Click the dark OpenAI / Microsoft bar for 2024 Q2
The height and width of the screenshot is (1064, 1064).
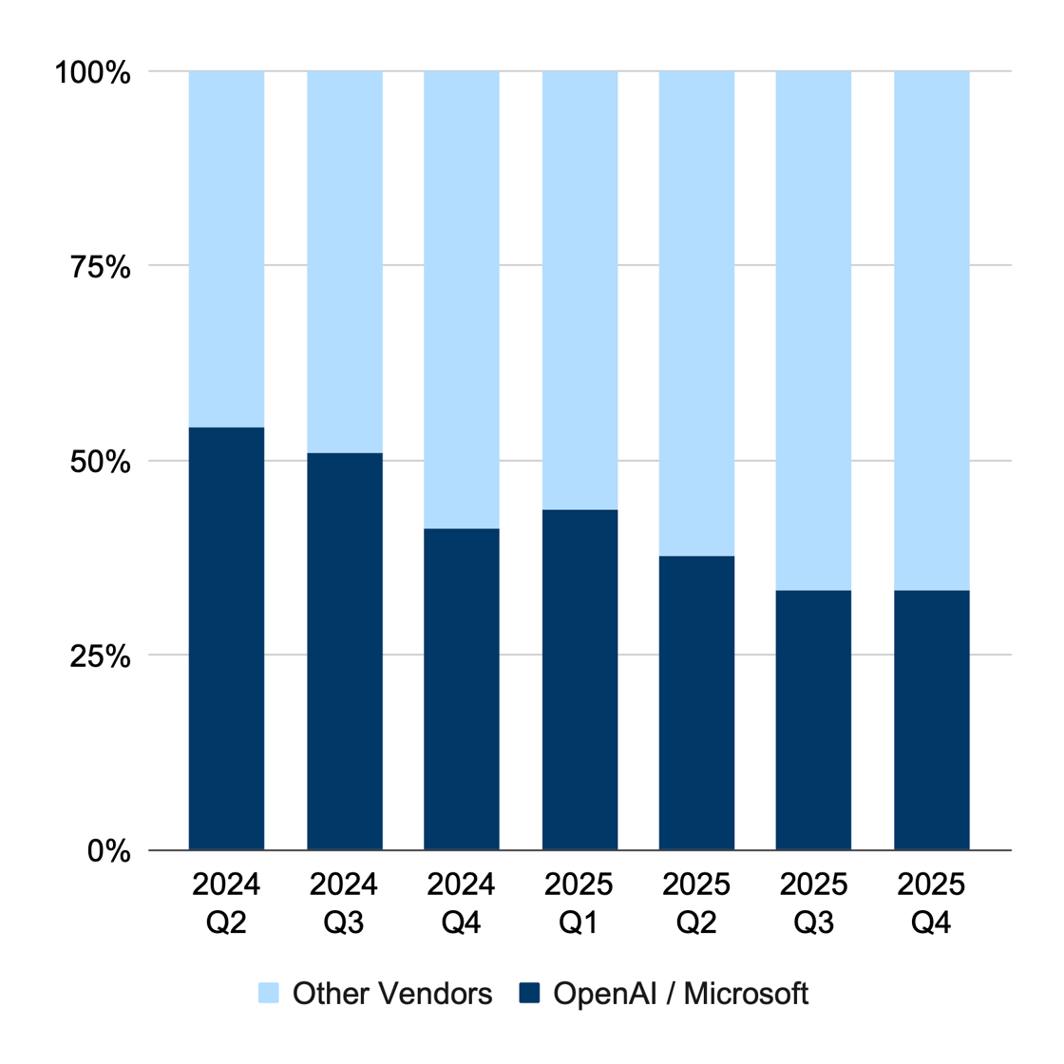pyautogui.click(x=226, y=638)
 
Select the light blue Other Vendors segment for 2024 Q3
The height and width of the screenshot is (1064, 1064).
pyautogui.click(x=344, y=262)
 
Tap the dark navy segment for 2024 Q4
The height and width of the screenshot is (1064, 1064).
pyautogui.click(x=461, y=689)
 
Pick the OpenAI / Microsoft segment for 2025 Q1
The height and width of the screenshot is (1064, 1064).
pyautogui.click(x=579, y=679)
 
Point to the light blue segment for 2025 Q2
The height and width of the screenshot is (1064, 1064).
pyautogui.click(x=696, y=313)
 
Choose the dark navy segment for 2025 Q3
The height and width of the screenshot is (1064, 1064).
pyautogui.click(x=813, y=720)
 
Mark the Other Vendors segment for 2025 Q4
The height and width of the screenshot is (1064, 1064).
pyautogui.click(x=931, y=331)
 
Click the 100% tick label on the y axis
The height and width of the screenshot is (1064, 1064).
pyautogui.click(x=92, y=72)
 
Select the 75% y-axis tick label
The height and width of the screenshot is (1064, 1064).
pyautogui.click(x=100, y=267)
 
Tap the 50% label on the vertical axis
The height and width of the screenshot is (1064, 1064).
pyautogui.click(x=100, y=462)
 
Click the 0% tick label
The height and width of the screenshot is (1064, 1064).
pyautogui.click(x=108, y=851)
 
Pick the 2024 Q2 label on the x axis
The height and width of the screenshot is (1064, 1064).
pyautogui.click(x=226, y=902)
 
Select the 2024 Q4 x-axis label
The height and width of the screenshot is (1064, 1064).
pyautogui.click(x=461, y=902)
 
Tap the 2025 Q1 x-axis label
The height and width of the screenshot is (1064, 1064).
pyautogui.click(x=579, y=902)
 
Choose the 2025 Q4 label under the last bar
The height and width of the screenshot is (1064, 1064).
pyautogui.click(x=931, y=902)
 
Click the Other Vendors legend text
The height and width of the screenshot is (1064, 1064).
pyautogui.click(x=392, y=994)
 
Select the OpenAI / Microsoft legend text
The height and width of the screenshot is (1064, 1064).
pyautogui.click(x=681, y=994)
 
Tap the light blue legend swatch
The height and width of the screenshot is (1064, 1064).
pyautogui.click(x=269, y=994)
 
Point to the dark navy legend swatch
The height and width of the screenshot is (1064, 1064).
pyautogui.click(x=529, y=994)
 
